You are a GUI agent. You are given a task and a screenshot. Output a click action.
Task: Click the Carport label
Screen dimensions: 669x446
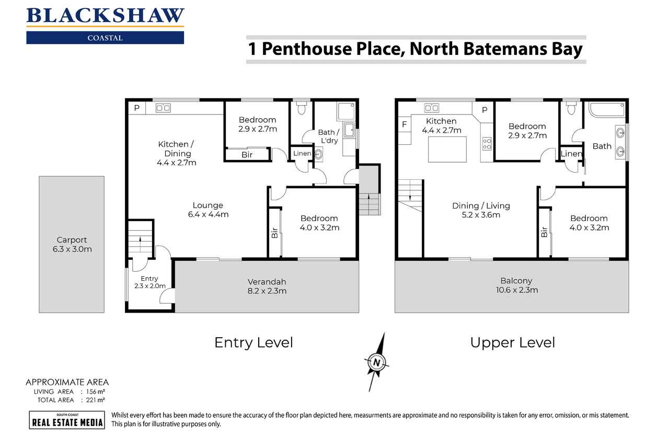72,244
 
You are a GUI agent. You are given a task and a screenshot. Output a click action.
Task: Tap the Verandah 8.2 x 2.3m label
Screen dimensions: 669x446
267,286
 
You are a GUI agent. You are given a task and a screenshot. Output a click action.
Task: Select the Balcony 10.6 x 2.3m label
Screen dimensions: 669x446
517,285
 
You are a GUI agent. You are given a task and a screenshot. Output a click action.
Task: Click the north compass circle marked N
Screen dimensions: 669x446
377,363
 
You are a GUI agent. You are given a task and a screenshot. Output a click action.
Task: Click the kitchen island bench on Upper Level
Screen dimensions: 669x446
447,150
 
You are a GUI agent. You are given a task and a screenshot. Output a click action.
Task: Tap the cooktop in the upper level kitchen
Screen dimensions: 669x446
487,143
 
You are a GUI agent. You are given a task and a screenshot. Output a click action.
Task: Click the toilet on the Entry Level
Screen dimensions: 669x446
302,108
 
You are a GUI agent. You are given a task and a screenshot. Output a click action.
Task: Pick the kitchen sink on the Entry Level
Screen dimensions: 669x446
163,108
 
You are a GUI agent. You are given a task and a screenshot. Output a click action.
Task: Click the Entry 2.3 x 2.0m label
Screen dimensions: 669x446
149,282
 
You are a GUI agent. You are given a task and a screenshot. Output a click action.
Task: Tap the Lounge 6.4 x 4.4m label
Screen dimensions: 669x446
208,210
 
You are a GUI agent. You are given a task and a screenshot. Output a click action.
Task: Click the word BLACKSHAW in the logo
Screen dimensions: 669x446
105,16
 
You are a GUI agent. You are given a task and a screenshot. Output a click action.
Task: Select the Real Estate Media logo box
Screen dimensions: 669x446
67,420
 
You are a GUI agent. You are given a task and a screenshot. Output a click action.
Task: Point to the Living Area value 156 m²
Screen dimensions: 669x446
95,392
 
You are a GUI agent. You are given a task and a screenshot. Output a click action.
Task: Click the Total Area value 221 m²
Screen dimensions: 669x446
95,400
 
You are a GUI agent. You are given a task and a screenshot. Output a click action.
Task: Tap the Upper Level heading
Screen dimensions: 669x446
513,342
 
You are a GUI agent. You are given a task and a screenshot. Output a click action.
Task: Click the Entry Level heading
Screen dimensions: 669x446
253,343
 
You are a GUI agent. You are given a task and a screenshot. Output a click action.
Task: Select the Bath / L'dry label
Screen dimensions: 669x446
329,136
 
